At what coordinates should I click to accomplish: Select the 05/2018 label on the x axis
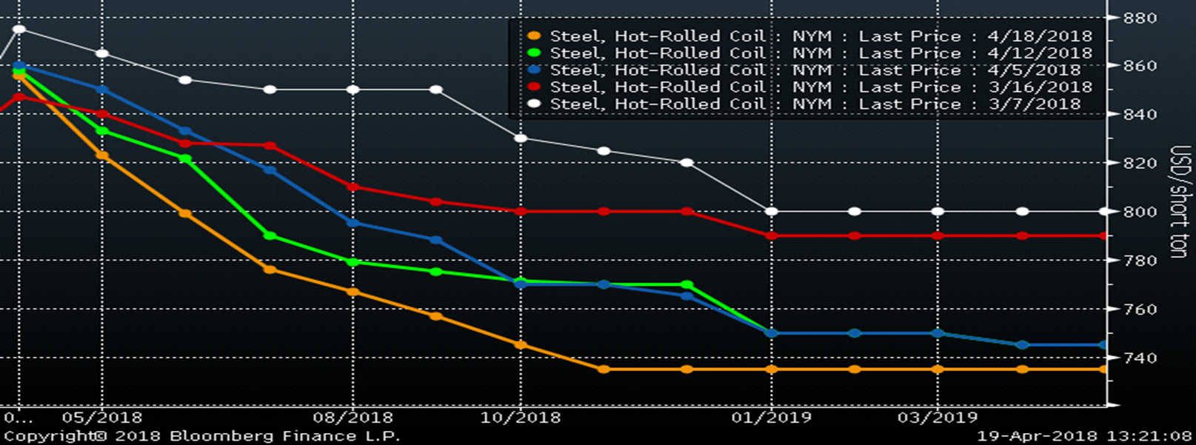[102, 418]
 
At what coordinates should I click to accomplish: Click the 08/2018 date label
[353, 418]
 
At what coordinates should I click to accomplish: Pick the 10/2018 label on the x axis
[521, 418]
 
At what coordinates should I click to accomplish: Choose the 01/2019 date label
[772, 418]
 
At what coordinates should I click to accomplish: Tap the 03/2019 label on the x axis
[938, 418]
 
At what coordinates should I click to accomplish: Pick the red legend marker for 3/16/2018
[533, 87]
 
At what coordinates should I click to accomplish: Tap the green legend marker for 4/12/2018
[533, 53]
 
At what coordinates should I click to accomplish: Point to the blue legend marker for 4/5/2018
[533, 70]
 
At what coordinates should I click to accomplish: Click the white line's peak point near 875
[19, 30]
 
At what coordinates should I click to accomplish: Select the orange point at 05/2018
[102, 155]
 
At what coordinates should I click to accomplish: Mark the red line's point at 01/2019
[772, 236]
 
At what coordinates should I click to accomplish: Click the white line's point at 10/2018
[521, 138]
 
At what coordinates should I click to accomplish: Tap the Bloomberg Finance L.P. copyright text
[201, 436]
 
